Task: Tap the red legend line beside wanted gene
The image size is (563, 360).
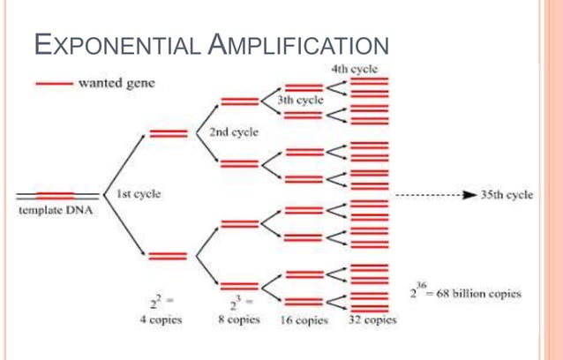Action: (53, 85)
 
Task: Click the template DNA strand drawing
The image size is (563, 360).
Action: (56, 194)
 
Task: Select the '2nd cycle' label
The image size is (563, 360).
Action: (234, 133)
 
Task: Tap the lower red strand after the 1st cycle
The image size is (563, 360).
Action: (166, 256)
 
